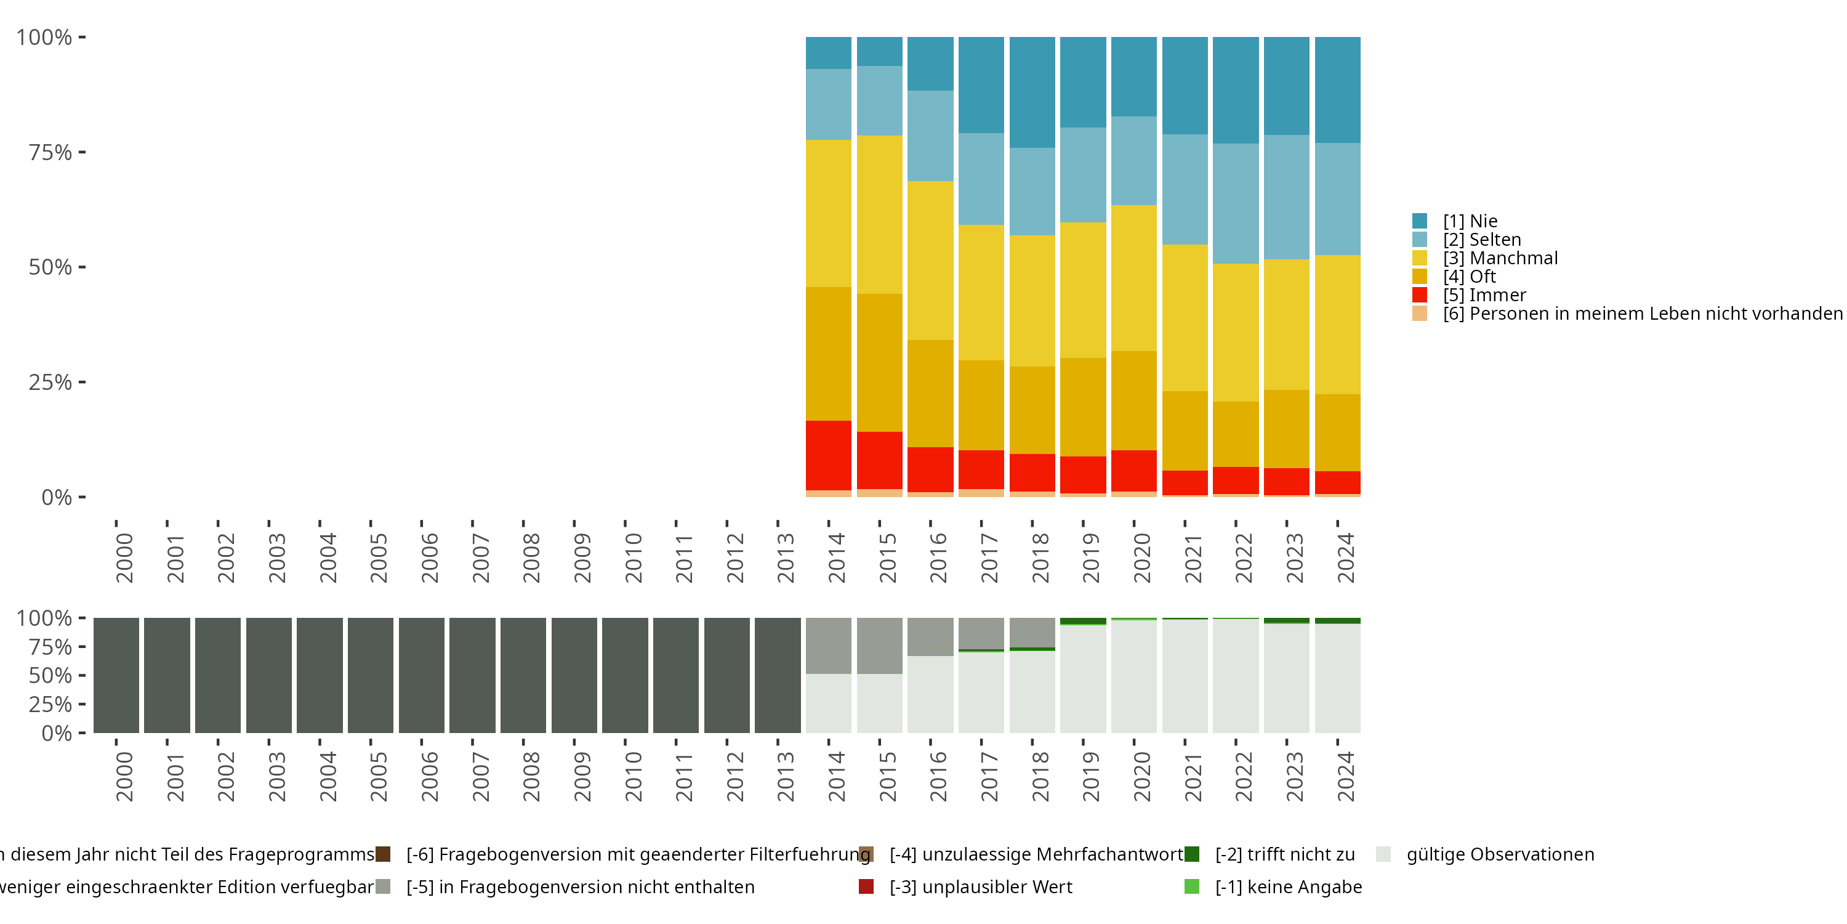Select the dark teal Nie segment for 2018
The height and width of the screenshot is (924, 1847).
pyautogui.click(x=1032, y=92)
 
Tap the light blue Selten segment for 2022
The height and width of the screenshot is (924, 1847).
pyautogui.click(x=1236, y=203)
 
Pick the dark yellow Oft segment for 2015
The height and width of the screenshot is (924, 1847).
pyautogui.click(x=879, y=362)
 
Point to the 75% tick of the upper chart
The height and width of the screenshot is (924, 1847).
pyautogui.click(x=50, y=152)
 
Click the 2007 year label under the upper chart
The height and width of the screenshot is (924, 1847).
pyautogui.click(x=481, y=558)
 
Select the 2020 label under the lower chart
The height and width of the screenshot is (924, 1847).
pyautogui.click(x=1142, y=776)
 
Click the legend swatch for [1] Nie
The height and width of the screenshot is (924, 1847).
pyautogui.click(x=1420, y=221)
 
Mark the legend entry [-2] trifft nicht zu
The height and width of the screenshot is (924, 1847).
pyautogui.click(x=1284, y=854)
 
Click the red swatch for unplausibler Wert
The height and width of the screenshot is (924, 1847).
pyautogui.click(x=866, y=886)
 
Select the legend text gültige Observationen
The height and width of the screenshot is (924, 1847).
pyautogui.click(x=1500, y=854)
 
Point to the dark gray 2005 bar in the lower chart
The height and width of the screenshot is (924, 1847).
pyautogui.click(x=371, y=675)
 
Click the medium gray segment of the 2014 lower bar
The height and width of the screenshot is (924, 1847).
pyautogui.click(x=828, y=646)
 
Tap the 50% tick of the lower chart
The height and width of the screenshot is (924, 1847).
pyautogui.click(x=50, y=675)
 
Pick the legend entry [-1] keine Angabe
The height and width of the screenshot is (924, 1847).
pyautogui.click(x=1288, y=886)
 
